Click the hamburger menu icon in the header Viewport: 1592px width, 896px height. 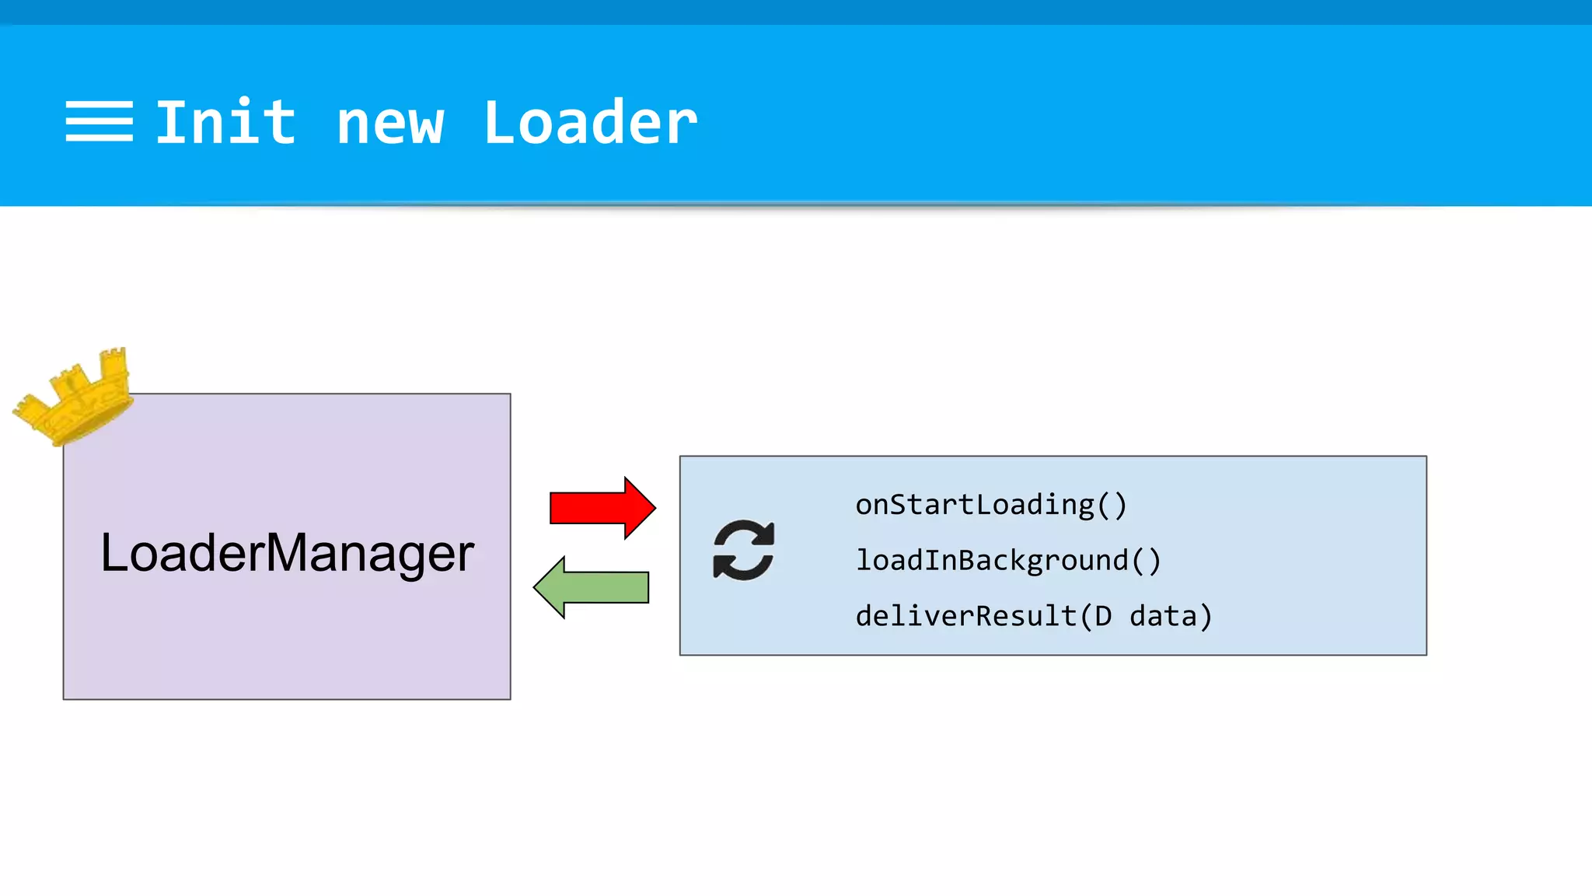point(99,121)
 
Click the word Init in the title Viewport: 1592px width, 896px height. point(225,122)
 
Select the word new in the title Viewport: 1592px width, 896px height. point(389,124)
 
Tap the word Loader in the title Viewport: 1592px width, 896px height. point(590,122)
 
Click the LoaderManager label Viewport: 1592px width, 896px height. point(287,553)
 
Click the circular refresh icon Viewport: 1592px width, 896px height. point(743,550)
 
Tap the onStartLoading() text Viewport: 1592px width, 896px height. point(991,505)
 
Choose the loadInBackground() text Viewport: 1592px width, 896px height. point(1008,560)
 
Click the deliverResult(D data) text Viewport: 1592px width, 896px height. point(1034,616)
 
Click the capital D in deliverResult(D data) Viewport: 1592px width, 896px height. point(1102,616)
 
